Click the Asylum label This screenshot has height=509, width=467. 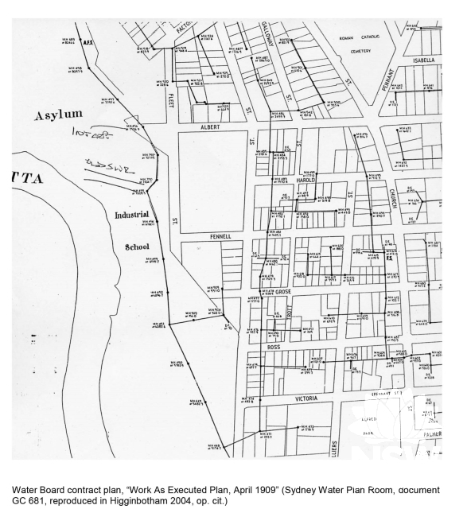click(58, 116)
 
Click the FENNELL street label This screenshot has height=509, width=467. click(220, 236)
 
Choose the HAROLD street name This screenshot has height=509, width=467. click(306, 180)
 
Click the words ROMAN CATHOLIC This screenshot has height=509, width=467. click(356, 37)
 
